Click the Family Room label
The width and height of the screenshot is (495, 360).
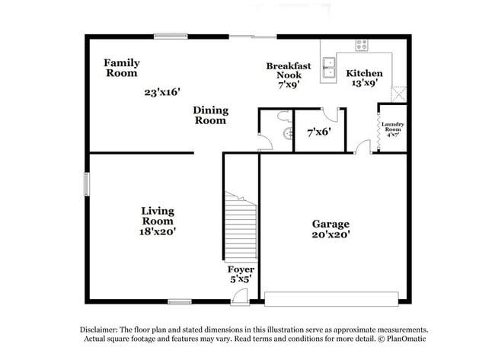(121, 68)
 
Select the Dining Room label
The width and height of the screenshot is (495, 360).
(210, 115)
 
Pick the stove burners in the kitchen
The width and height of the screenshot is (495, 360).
(359, 44)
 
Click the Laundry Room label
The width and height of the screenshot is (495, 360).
(393, 129)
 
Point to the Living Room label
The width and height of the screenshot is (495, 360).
(158, 215)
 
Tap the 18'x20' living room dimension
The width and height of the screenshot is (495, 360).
(158, 231)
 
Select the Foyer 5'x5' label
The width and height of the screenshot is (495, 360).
(241, 275)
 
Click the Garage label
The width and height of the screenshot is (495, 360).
(331, 224)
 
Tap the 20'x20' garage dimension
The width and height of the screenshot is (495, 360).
(331, 235)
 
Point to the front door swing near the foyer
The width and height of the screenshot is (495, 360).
(238, 298)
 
